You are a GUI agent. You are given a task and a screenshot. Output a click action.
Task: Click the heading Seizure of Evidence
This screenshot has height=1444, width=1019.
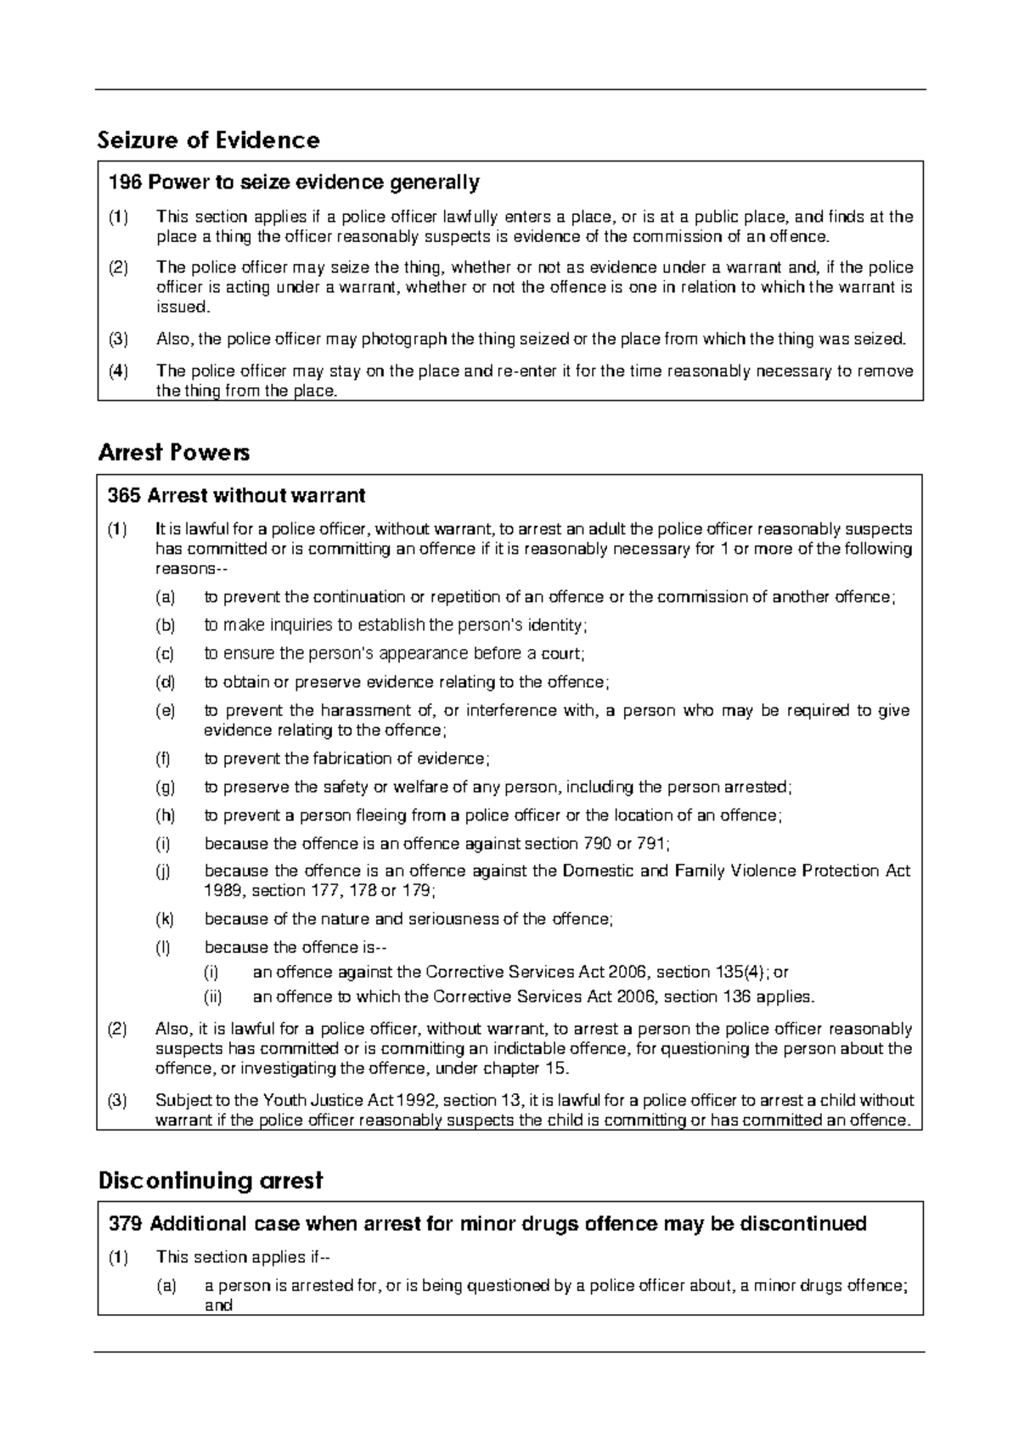point(209,140)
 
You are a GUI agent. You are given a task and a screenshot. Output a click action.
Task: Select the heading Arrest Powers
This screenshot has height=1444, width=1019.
point(174,453)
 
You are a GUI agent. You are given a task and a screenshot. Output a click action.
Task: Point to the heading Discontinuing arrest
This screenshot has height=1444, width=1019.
point(211,1181)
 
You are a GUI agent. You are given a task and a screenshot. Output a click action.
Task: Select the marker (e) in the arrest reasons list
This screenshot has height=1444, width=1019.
point(165,711)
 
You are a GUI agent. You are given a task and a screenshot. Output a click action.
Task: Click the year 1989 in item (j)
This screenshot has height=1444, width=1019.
point(222,891)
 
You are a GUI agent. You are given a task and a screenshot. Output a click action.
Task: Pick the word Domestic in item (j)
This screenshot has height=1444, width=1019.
point(597,871)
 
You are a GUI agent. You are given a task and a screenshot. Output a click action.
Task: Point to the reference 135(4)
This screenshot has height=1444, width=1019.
point(738,973)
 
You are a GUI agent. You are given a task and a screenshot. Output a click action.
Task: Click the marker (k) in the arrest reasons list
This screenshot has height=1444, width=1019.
point(165,919)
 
